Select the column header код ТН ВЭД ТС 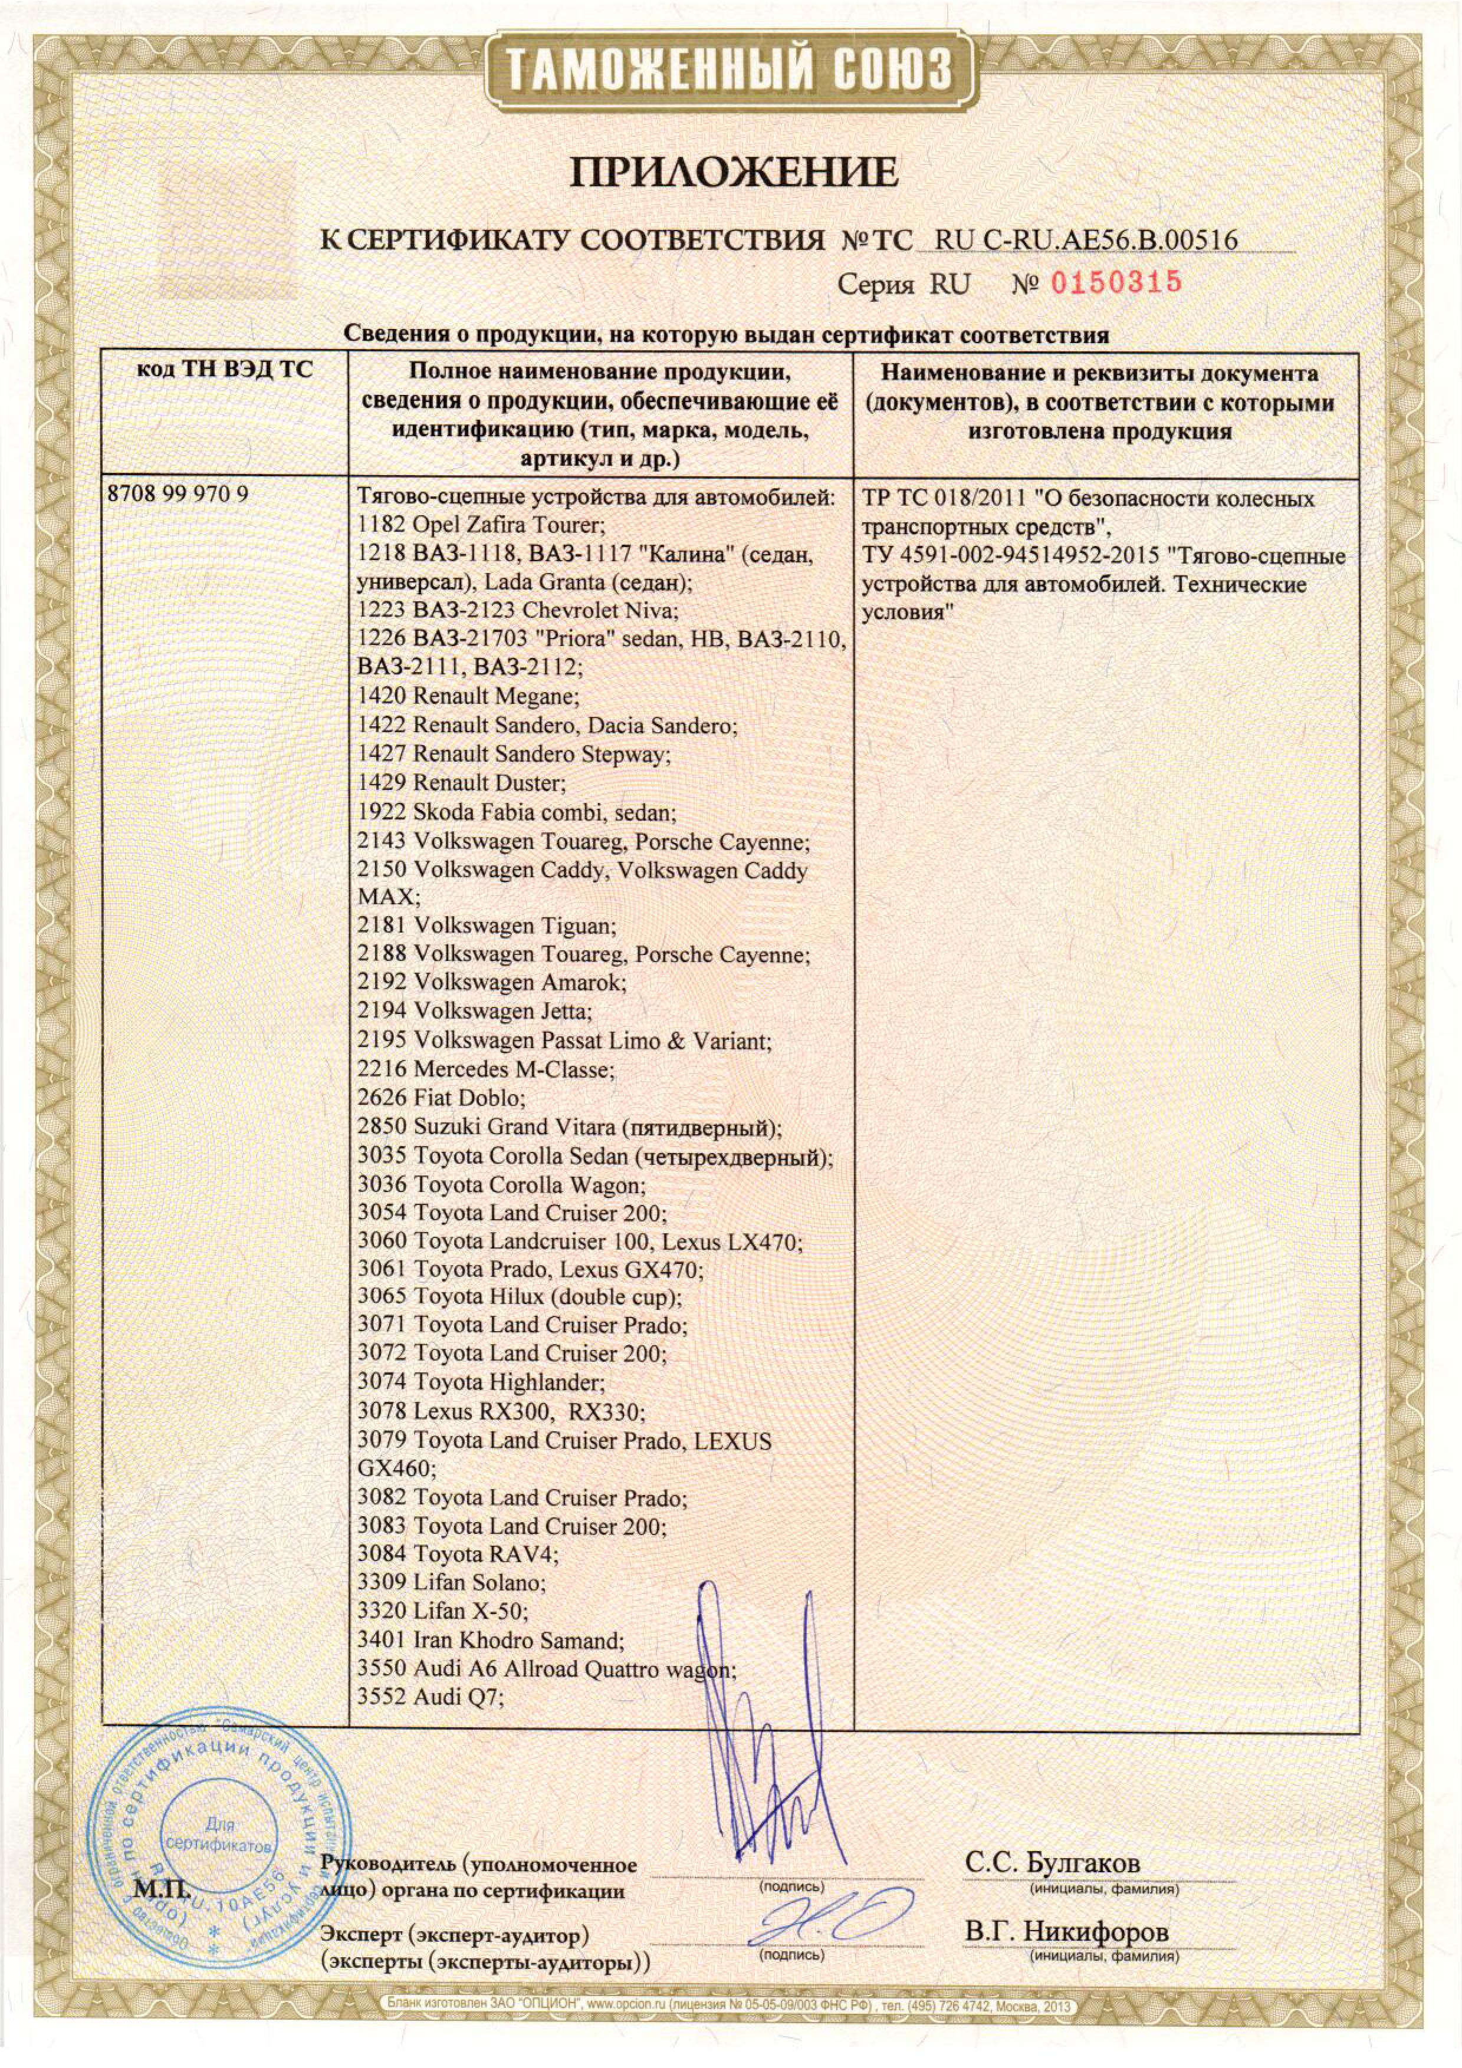pyautogui.click(x=224, y=370)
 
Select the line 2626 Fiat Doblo pyautogui.click(x=441, y=1098)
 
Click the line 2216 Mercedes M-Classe pyautogui.click(x=485, y=1069)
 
